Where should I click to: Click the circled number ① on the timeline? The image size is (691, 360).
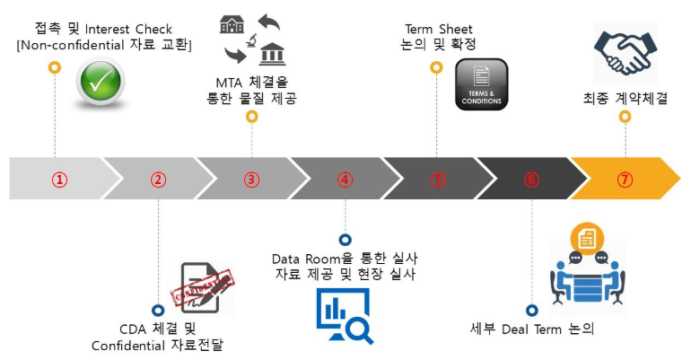point(59,179)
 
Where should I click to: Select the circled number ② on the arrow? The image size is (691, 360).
point(158,179)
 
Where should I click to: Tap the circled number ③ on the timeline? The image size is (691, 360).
point(251,179)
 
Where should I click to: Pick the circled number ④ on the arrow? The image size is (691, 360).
point(345,179)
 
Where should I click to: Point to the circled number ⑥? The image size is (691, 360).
point(531,179)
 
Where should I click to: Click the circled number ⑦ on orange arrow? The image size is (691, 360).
point(625,179)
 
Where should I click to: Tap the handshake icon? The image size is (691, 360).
point(625,54)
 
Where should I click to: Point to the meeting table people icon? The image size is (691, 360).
point(587,269)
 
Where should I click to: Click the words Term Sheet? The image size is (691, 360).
point(439,26)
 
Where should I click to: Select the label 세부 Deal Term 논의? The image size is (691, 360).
point(532,329)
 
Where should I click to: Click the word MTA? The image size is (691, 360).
point(229,81)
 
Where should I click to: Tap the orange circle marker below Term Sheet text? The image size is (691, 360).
point(437,67)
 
